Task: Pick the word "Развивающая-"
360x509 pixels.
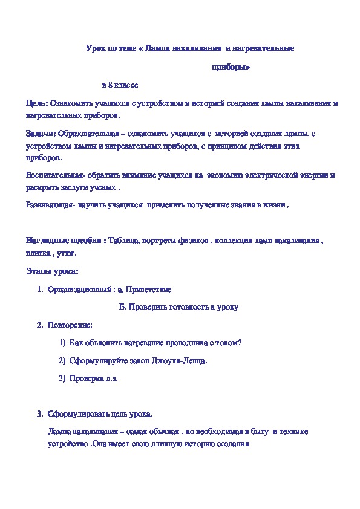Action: [x=50, y=205]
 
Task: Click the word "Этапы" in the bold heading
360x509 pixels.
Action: [x=38, y=270]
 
